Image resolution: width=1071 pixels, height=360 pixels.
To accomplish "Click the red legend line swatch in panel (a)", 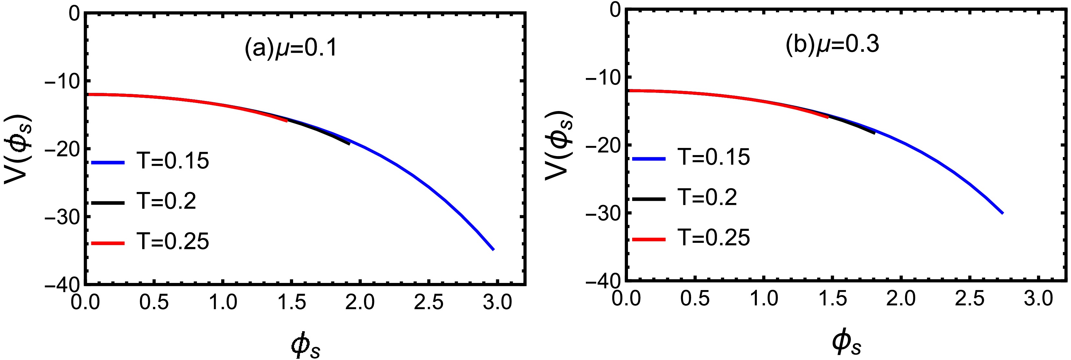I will click(108, 243).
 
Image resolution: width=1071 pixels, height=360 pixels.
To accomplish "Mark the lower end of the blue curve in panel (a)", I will click(493, 249).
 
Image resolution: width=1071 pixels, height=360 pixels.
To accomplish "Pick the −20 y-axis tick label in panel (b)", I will click(602, 145).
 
